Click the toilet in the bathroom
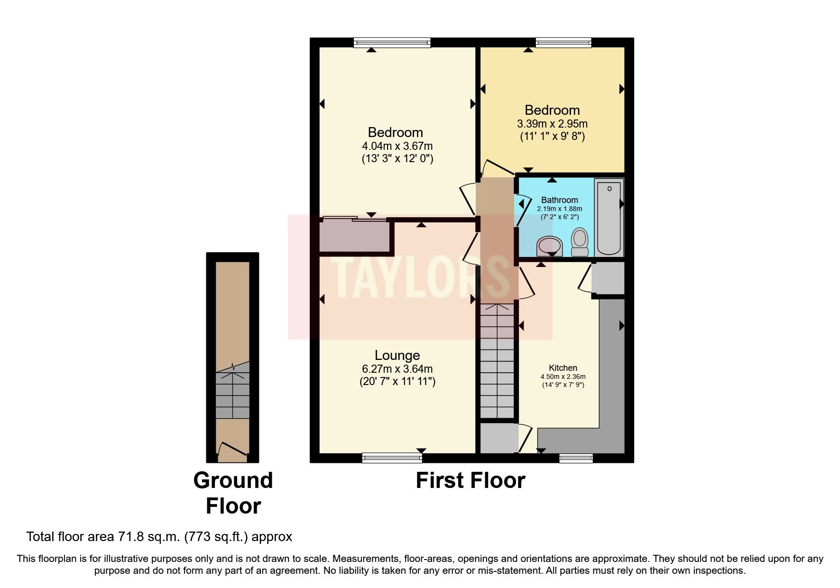(x=579, y=241)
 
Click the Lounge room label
(x=397, y=355)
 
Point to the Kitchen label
(x=563, y=367)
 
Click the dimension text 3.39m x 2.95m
(x=552, y=124)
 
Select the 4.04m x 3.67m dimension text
(x=397, y=146)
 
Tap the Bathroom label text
(x=559, y=200)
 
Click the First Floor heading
(x=470, y=480)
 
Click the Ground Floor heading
(x=233, y=493)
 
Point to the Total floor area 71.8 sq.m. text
(x=159, y=536)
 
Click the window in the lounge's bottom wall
(x=392, y=458)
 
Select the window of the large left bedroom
(x=392, y=43)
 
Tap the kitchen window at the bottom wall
(x=576, y=458)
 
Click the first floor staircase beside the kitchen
(x=497, y=360)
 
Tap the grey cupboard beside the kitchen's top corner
(x=609, y=278)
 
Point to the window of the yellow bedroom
(x=563, y=43)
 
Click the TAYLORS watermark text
(x=420, y=277)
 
